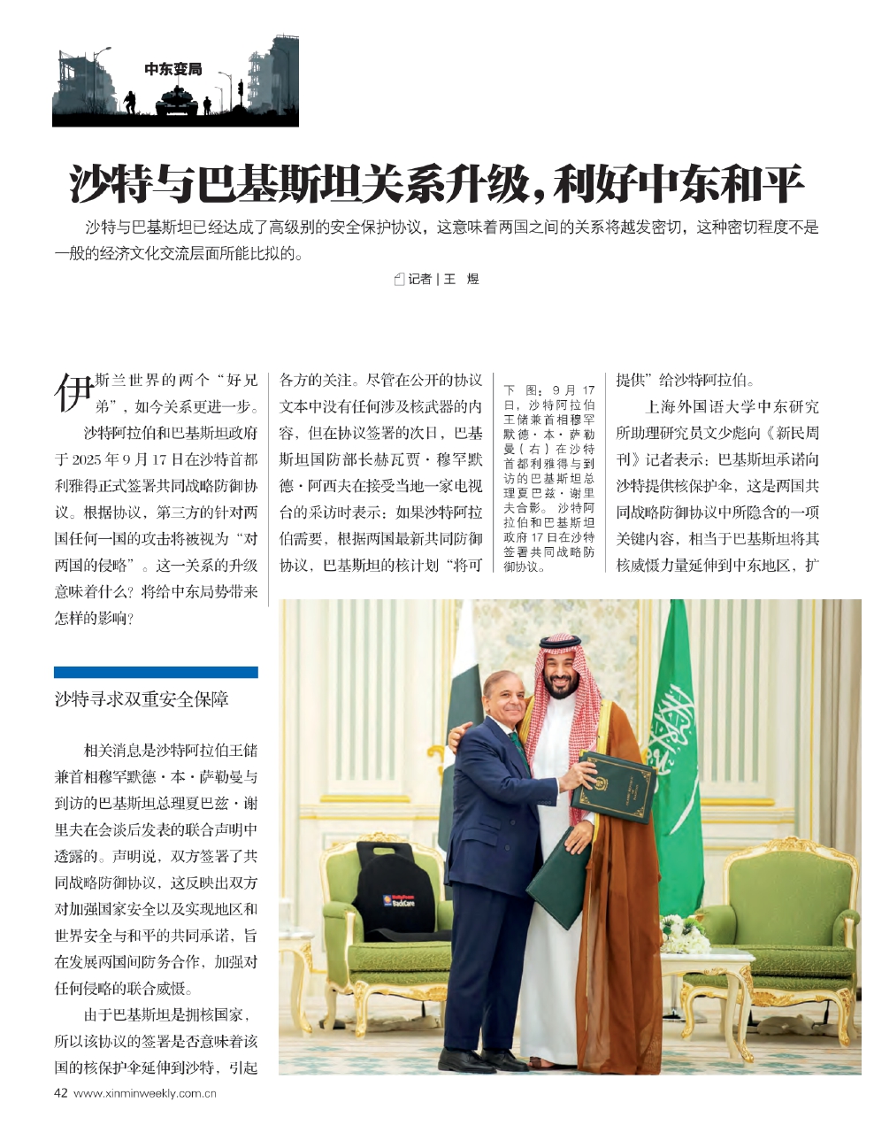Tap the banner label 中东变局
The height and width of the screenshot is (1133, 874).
[173, 69]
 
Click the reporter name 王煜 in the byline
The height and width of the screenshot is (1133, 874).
[461, 279]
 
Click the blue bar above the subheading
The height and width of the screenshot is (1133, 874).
[156, 673]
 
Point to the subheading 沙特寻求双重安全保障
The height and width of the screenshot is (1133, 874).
[142, 699]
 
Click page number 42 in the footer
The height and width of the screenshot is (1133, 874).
[61, 1092]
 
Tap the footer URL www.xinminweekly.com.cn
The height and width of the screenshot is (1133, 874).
[146, 1092]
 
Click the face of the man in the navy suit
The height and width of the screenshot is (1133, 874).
[506, 698]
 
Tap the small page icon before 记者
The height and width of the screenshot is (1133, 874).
[399, 279]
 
